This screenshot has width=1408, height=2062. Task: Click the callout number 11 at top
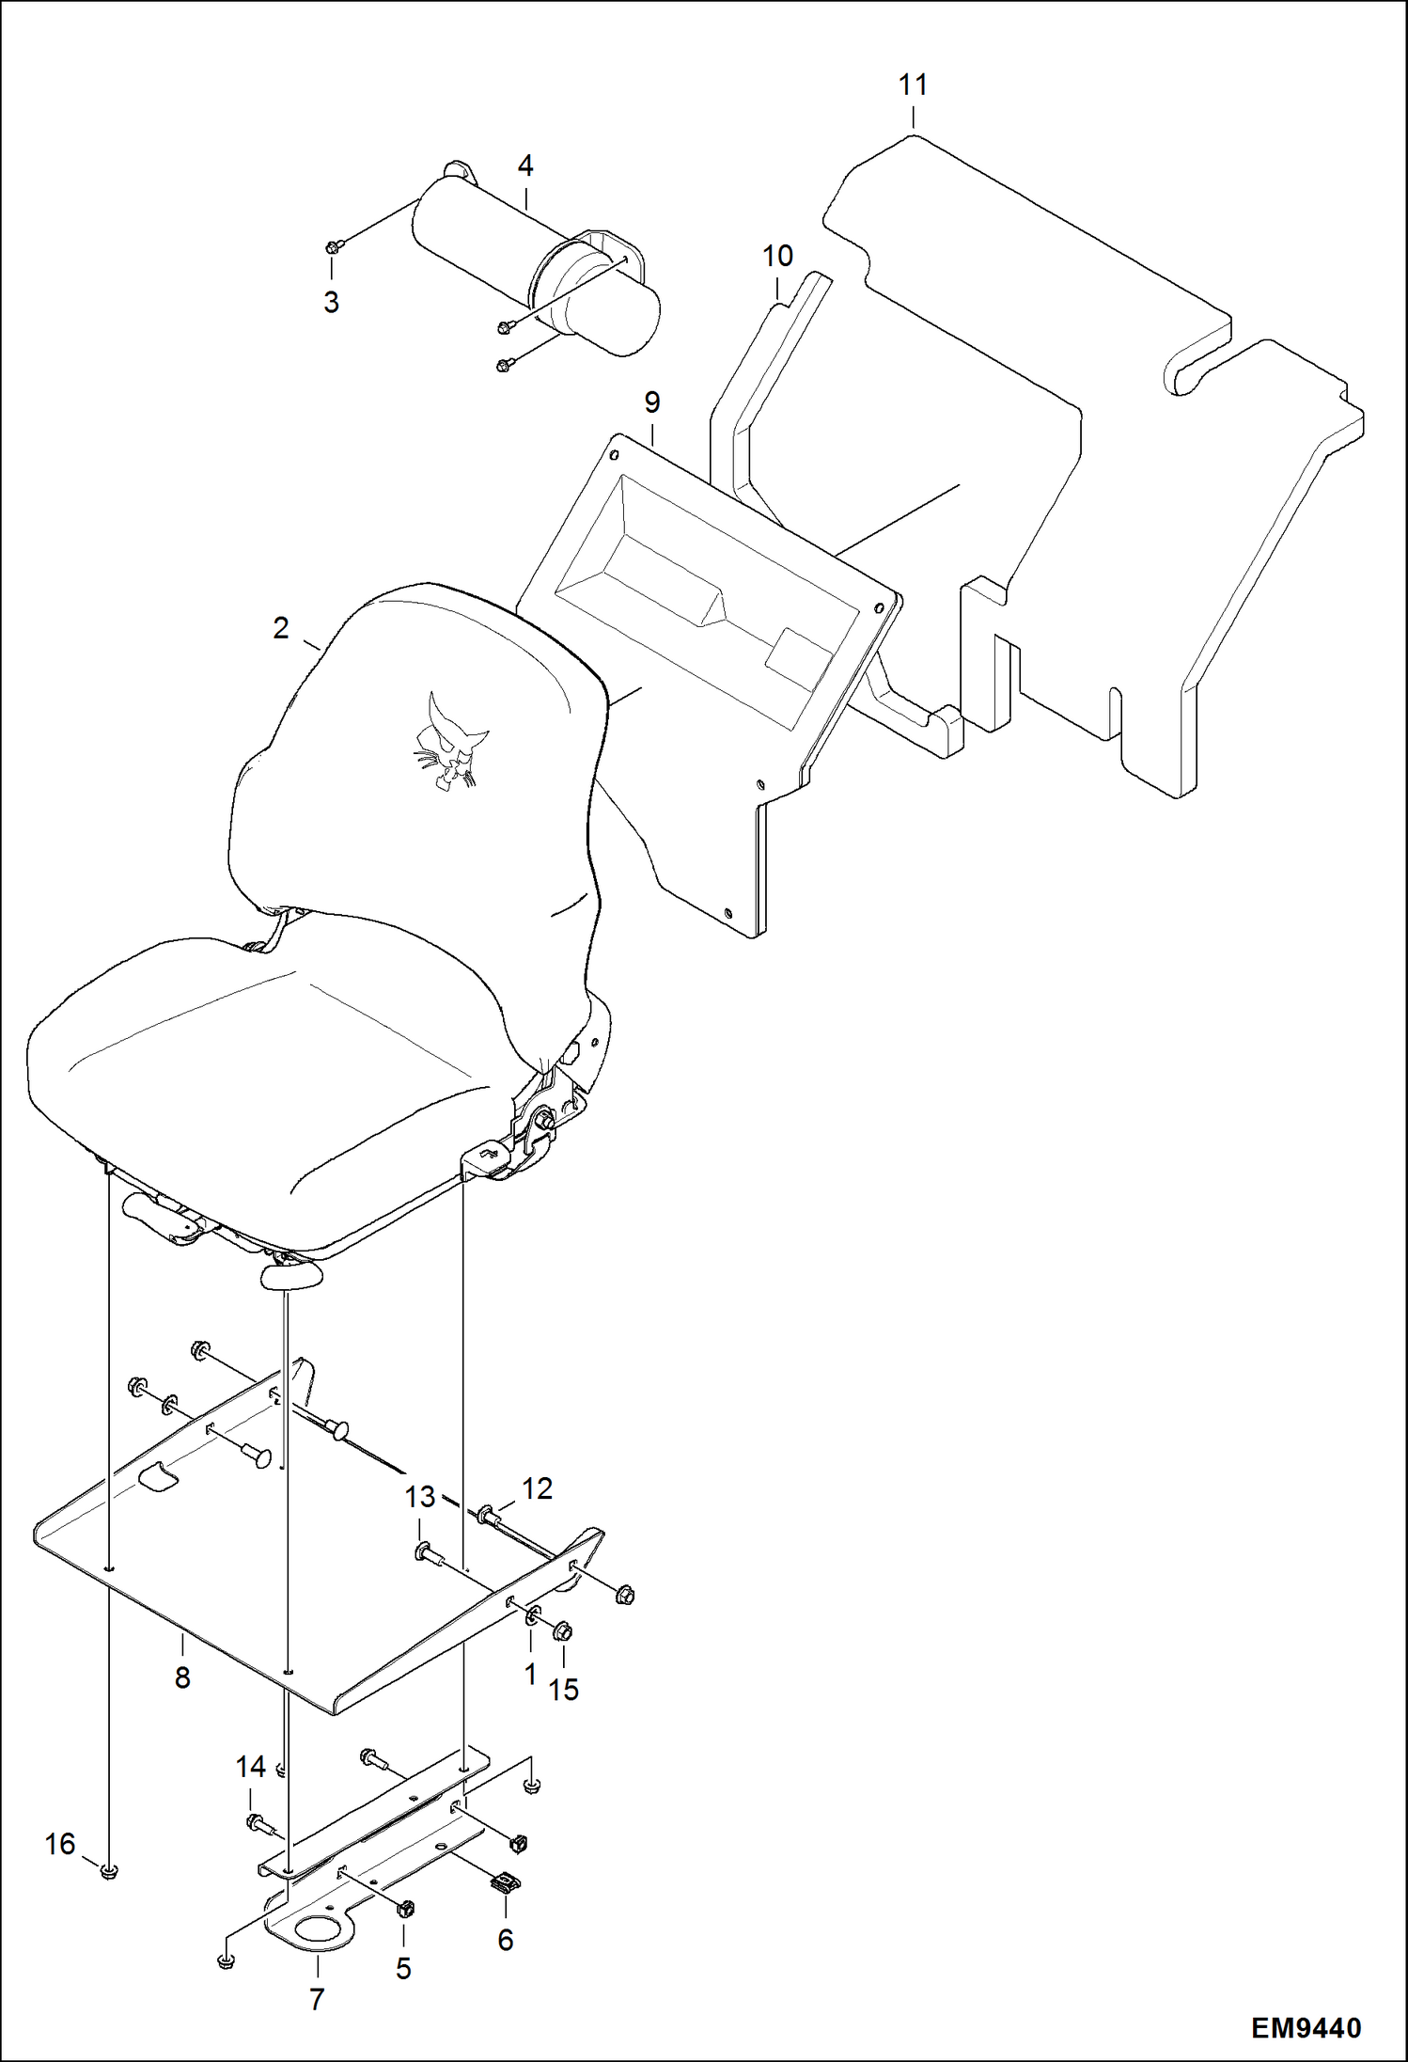click(x=913, y=85)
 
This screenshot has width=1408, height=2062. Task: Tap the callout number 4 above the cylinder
click(x=525, y=166)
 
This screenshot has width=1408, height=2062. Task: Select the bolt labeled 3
click(x=333, y=247)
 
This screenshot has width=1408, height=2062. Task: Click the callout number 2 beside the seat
click(x=281, y=628)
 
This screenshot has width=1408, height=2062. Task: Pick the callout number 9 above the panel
click(x=652, y=402)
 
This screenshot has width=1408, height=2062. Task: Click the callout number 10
click(x=777, y=256)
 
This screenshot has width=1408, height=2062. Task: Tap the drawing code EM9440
click(x=1306, y=2027)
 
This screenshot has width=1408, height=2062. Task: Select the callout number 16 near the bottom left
click(x=60, y=1844)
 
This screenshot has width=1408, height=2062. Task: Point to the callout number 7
click(x=317, y=1999)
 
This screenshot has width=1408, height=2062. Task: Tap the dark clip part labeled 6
click(x=505, y=1881)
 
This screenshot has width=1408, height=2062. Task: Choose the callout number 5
click(x=403, y=1969)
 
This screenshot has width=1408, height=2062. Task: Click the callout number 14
click(x=250, y=1767)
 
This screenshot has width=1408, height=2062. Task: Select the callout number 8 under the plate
click(x=182, y=1676)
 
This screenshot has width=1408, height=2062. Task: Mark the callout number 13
click(x=420, y=1496)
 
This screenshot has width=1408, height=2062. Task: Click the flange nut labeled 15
click(x=562, y=1631)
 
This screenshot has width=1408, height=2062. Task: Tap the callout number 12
click(x=537, y=1488)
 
